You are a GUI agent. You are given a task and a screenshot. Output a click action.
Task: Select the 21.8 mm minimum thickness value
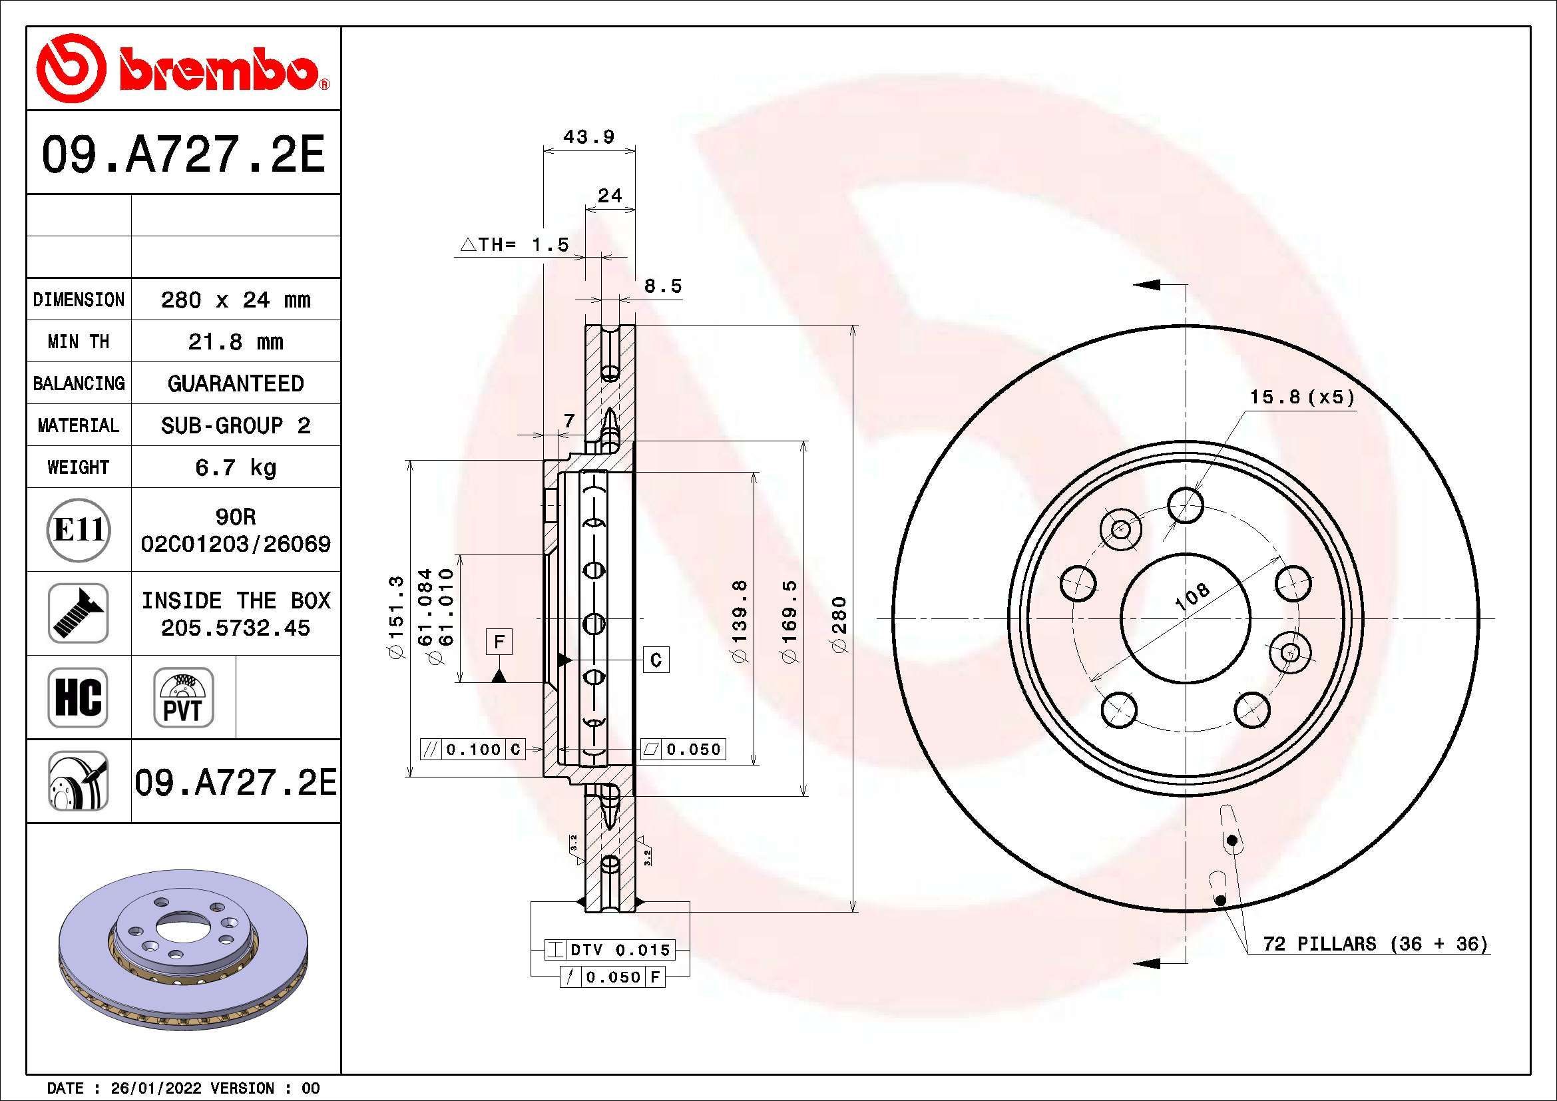pos(235,341)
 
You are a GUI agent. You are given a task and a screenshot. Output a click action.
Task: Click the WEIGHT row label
pos(78,467)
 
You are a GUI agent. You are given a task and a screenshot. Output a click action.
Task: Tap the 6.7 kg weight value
pos(235,467)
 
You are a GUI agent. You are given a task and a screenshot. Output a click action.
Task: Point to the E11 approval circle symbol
pos(79,529)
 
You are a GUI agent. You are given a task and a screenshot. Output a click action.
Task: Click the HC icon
pos(78,697)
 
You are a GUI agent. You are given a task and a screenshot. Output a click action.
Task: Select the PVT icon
pos(183,697)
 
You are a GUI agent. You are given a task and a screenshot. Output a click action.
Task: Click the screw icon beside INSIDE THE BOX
pos(78,613)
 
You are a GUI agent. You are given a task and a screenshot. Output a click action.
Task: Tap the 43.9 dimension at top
pos(588,137)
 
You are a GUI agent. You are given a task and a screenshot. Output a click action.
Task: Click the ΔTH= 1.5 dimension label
pos(515,245)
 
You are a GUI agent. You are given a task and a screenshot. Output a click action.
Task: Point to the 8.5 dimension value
pos(662,286)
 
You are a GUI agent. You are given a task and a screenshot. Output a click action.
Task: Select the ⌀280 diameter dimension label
pos(839,624)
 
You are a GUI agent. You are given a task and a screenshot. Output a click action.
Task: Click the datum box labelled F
pos(499,641)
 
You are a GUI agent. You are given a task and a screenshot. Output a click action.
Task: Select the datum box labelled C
pos(656,660)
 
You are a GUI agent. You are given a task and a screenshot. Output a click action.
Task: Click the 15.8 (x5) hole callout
pos(1302,397)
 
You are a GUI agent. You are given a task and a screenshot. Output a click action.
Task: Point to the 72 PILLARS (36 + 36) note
pos(1375,944)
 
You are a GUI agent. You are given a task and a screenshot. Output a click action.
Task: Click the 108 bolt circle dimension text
pos(1192,597)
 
